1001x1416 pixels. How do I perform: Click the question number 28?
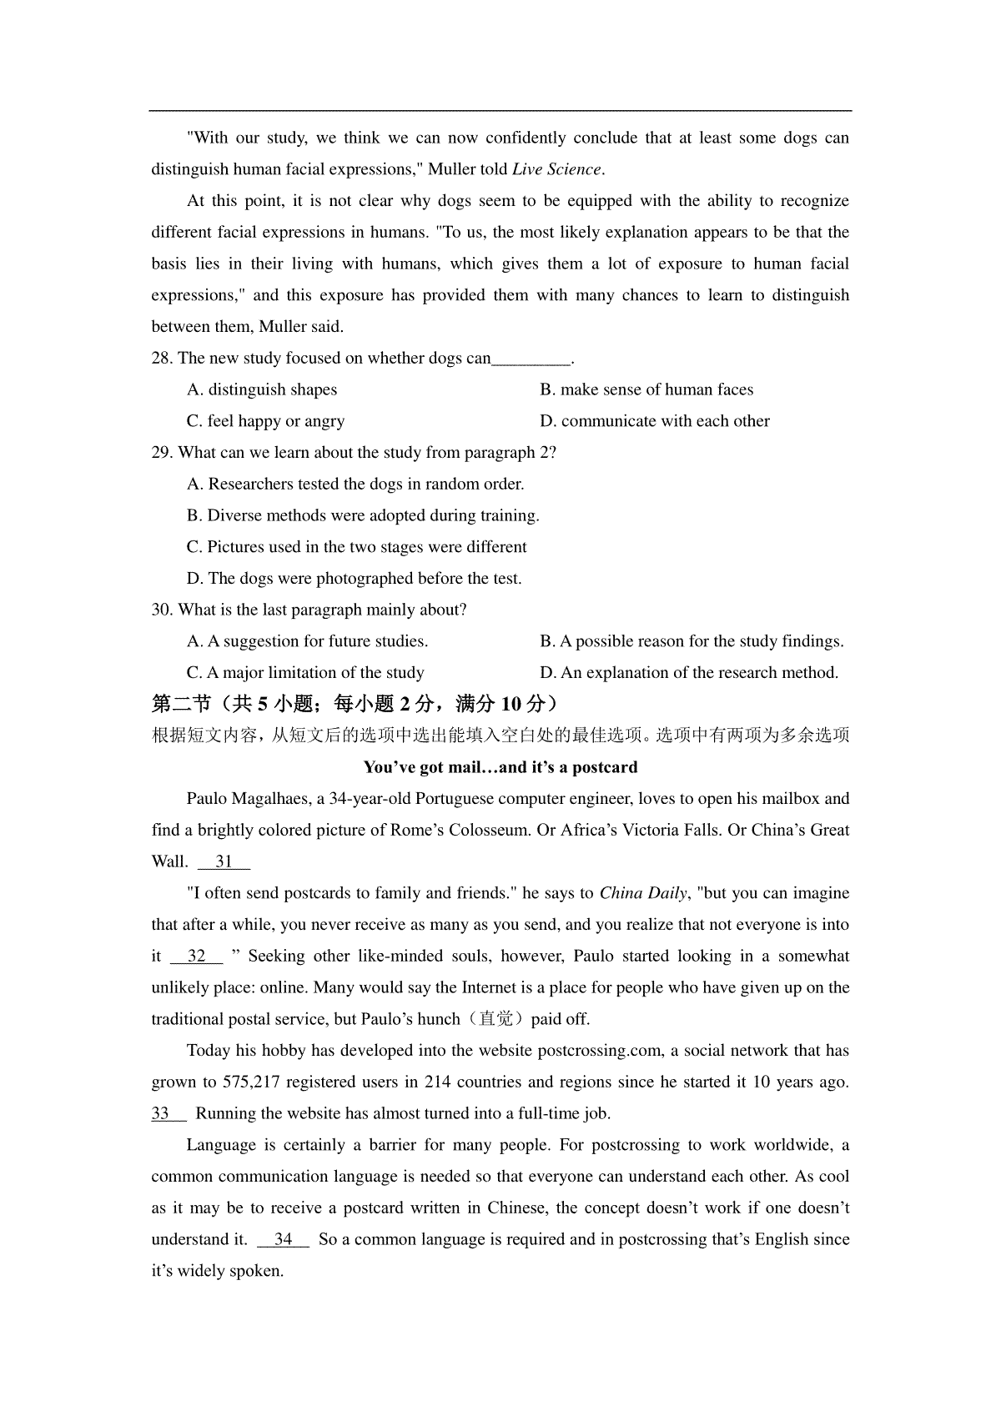[x=162, y=359]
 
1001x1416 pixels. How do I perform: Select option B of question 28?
[x=646, y=390]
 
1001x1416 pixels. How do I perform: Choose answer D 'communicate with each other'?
[x=655, y=421]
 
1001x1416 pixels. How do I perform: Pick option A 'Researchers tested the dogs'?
[x=355, y=485]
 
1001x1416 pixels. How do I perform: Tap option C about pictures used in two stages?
[x=357, y=547]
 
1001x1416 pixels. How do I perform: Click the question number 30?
[x=162, y=610]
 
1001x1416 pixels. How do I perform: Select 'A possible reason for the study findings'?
[x=692, y=642]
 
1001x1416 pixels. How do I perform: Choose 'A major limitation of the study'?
[x=305, y=673]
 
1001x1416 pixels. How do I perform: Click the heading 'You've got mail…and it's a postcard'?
[x=500, y=767]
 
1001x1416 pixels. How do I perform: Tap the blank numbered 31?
[x=224, y=862]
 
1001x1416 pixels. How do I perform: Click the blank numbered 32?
[x=197, y=957]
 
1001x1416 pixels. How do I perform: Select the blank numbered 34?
[x=284, y=1240]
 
